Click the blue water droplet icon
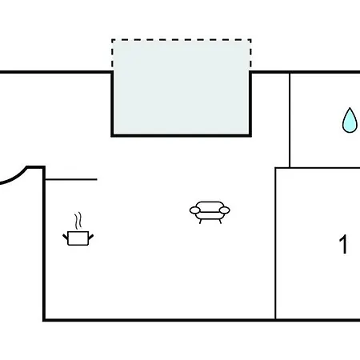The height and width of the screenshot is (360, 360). pyautogui.click(x=350, y=121)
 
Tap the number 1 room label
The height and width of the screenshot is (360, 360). pyautogui.click(x=344, y=244)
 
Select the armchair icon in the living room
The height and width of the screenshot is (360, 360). pyautogui.click(x=210, y=212)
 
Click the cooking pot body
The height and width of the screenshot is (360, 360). pyautogui.click(x=78, y=238)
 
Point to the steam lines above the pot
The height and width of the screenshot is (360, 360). pyautogui.click(x=78, y=221)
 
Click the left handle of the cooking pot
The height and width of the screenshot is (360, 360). pyautogui.click(x=66, y=237)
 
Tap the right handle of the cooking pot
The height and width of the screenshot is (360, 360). pyautogui.click(x=90, y=237)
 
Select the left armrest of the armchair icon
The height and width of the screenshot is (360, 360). pyautogui.click(x=195, y=210)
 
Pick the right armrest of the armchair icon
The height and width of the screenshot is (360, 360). pyautogui.click(x=225, y=210)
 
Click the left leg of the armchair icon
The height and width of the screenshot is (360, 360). pyautogui.click(x=200, y=222)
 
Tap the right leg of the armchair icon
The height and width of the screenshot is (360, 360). pyautogui.click(x=220, y=222)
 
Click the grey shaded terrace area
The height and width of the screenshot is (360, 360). pyautogui.click(x=182, y=87)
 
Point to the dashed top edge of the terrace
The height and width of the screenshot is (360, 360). pyautogui.click(x=182, y=40)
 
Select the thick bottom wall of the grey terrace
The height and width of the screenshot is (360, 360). pyautogui.click(x=182, y=136)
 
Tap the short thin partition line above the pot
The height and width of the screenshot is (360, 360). pyautogui.click(x=71, y=179)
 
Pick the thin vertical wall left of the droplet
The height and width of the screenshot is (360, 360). pyautogui.click(x=290, y=120)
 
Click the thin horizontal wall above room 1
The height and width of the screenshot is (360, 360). pyautogui.click(x=318, y=168)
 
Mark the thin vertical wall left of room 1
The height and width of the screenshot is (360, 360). pyautogui.click(x=275, y=243)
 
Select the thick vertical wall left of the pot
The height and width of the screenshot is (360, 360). pyautogui.click(x=44, y=243)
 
